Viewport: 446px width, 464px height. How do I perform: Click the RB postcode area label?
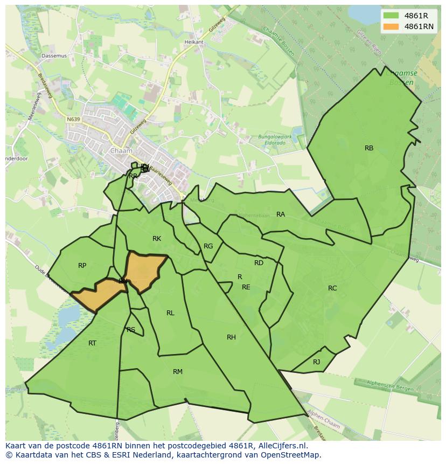pos(369,148)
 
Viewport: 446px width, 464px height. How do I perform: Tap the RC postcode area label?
pos(332,288)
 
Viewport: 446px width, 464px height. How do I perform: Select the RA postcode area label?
pos(281,214)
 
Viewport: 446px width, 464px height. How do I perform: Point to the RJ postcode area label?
pos(316,362)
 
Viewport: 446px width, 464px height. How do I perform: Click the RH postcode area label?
pos(231,337)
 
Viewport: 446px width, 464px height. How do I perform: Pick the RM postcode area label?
pos(178,372)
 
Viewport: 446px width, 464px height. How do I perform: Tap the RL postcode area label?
pos(170,313)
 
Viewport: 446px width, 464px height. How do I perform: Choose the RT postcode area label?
pos(92,343)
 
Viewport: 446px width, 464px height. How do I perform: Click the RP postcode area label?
pos(82,266)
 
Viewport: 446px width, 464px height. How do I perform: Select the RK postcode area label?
pos(157,239)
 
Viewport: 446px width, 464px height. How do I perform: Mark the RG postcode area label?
pos(208,246)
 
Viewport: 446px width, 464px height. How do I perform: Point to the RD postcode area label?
pos(259,263)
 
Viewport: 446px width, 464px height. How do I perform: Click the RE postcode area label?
pos(246,287)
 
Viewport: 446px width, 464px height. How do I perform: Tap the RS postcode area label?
pos(131,330)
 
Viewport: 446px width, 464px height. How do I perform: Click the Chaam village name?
pos(117,151)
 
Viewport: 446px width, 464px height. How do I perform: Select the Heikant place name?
pos(194,42)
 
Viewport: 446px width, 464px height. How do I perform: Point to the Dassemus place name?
pos(54,56)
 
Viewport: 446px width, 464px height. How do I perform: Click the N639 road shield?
pos(73,120)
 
